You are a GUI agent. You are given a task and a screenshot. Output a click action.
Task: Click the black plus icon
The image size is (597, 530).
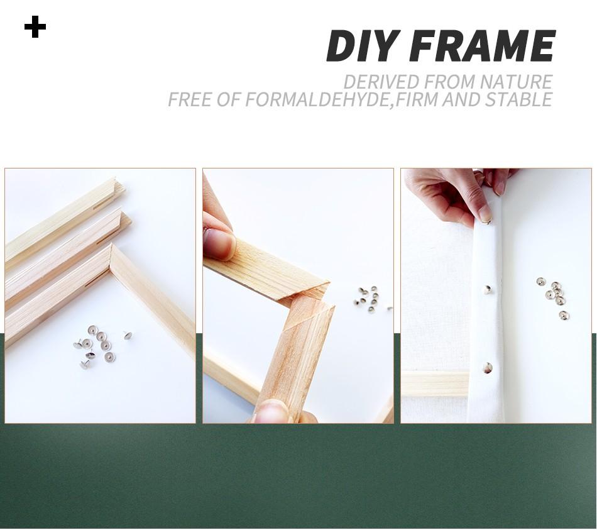pyautogui.click(x=35, y=27)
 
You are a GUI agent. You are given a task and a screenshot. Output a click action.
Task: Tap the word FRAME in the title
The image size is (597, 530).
pyautogui.click(x=483, y=46)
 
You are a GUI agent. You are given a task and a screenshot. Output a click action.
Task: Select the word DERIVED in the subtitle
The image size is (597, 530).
pyautogui.click(x=381, y=82)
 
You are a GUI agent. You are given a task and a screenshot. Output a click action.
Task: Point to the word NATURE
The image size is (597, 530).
pyautogui.click(x=516, y=82)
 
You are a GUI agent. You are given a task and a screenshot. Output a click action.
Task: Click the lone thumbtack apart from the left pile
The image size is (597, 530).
pyautogui.click(x=128, y=335)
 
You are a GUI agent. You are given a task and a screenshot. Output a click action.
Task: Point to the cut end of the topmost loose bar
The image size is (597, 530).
pyautogui.click(x=118, y=187)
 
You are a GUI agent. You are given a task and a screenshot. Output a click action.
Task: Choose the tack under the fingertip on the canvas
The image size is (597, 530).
pyautogui.click(x=487, y=220)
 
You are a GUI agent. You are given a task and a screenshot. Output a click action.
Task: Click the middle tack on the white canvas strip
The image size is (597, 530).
pyautogui.click(x=488, y=289)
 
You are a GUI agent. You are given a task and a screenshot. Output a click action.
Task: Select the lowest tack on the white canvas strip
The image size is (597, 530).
pyautogui.click(x=488, y=368)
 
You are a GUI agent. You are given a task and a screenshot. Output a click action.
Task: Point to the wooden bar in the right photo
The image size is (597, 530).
pyautogui.click(x=434, y=384)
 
